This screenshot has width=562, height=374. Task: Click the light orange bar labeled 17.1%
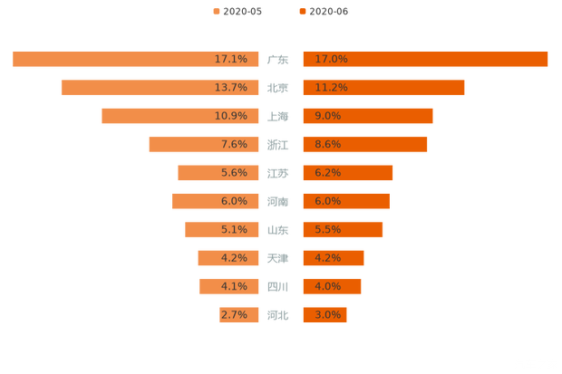[x=136, y=59]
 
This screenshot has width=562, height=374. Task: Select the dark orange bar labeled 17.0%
[x=425, y=59]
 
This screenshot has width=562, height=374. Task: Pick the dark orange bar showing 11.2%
[x=383, y=88]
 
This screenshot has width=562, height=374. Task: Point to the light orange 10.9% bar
[x=180, y=116]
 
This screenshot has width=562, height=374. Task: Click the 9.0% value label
[x=327, y=116]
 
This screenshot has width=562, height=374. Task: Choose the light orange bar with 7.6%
[x=204, y=144]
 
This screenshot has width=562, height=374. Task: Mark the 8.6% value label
[x=327, y=144]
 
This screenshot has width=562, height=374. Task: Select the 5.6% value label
[x=234, y=173]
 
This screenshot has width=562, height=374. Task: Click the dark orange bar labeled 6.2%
[x=347, y=173]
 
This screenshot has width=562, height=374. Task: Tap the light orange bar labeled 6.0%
[x=216, y=201]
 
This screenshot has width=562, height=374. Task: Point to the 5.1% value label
[x=234, y=230]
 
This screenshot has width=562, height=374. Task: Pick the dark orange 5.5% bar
[x=343, y=230]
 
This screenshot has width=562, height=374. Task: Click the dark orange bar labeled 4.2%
[x=333, y=258]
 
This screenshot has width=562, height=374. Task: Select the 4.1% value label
[x=234, y=287]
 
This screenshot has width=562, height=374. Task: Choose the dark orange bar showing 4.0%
[x=332, y=287]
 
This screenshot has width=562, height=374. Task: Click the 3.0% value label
[x=327, y=315]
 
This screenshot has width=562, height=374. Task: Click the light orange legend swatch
[x=216, y=12]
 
